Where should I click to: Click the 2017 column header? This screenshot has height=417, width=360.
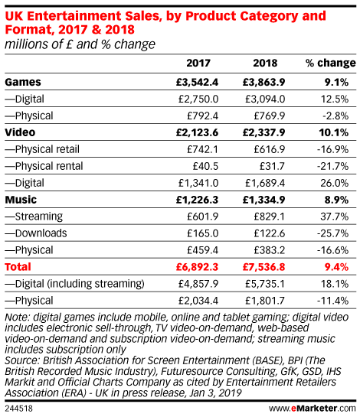coord(198,63)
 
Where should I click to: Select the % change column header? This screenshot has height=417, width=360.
coord(330,63)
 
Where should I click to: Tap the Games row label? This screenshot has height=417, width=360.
coord(23,82)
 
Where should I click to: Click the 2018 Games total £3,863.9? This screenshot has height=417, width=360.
coord(263,82)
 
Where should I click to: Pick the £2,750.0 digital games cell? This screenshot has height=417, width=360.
coord(198,99)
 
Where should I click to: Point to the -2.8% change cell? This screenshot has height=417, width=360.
coord(335,116)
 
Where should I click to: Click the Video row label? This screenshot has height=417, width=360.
coord(20,132)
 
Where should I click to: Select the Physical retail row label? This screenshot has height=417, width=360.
coord(42,149)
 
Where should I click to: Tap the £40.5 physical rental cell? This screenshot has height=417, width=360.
coord(205,166)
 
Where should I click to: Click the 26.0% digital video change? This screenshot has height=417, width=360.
coord(335,183)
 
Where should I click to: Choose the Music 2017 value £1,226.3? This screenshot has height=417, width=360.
coord(197,200)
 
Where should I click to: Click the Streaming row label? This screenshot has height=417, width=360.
coord(34,217)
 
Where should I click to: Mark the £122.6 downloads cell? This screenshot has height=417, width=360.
coord(269,233)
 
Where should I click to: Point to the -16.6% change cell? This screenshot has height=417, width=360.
coord(332,250)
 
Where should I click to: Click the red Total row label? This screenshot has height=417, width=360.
coord(18,267)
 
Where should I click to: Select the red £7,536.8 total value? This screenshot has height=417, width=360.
coord(263,267)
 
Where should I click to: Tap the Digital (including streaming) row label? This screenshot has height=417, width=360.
coord(74,284)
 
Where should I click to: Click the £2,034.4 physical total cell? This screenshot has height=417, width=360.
coord(198,301)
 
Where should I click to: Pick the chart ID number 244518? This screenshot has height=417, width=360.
coord(18,409)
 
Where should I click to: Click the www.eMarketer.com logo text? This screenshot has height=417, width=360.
coord(312,409)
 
